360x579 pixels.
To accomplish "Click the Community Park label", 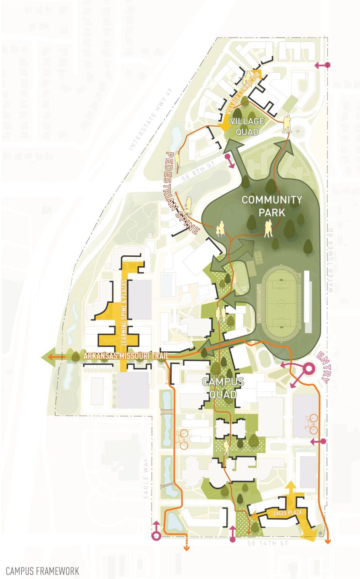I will pyautogui.click(x=272, y=205).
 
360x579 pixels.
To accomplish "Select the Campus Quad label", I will pyautogui.click(x=223, y=388).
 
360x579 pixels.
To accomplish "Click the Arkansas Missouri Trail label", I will pyautogui.click(x=125, y=356).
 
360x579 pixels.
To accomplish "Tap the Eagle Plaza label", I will pyautogui.click(x=285, y=513).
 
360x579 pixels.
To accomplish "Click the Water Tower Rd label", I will pyautogui.click(x=331, y=260).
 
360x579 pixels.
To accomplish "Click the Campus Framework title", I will pyautogui.click(x=42, y=571).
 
